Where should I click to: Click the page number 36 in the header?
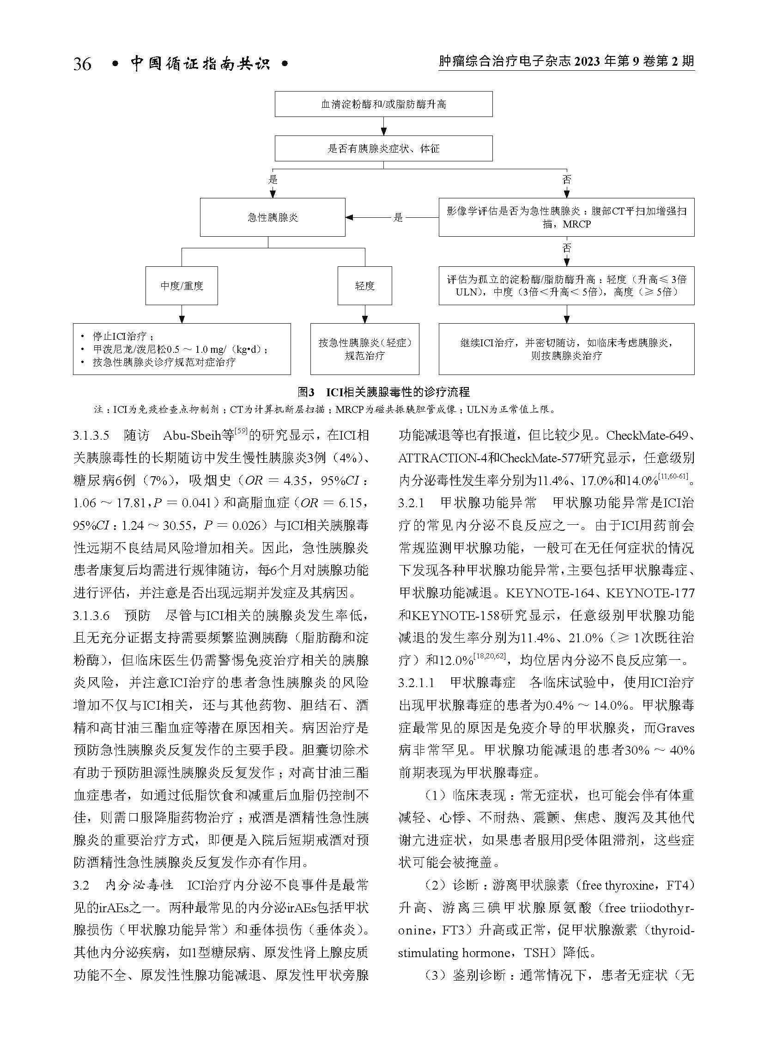pos(82,63)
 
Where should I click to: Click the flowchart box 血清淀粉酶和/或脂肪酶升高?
pos(383,104)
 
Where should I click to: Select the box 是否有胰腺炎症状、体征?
pos(383,148)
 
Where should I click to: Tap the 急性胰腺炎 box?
pos(273,217)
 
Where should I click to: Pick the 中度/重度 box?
pos(182,286)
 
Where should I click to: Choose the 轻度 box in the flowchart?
pos(364,286)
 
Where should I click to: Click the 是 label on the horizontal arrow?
pos(398,217)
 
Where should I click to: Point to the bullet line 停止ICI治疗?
pos(119,337)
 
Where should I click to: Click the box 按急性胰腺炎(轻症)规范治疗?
pos(364,349)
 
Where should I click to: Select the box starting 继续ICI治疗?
pos(566,349)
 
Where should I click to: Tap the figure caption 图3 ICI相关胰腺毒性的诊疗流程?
pos(383,392)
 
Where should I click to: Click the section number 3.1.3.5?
pos(91,436)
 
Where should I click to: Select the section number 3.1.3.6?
pos(91,615)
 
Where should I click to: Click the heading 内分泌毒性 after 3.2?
pos(139,886)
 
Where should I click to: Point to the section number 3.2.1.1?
pos(417,683)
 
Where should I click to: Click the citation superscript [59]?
pos(241,431)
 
